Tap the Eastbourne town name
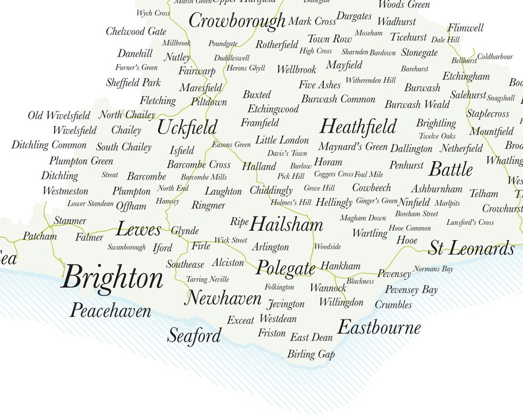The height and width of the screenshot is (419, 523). pos(379,327)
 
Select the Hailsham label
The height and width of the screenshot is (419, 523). pos(287,224)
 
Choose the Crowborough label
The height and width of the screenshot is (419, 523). pos(237,21)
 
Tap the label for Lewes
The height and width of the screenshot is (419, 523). pos(138,230)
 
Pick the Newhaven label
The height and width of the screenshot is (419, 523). pos(223,298)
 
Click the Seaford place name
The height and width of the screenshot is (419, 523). pos(194,336)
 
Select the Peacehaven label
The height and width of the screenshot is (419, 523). pos(111,311)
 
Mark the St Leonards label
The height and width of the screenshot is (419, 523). pos(471,249)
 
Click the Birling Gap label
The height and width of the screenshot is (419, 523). pos(311,354)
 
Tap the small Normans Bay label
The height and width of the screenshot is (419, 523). pos(433,269)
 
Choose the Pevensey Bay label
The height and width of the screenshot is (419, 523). pos(411,290)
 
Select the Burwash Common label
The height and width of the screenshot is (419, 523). pos(338,99)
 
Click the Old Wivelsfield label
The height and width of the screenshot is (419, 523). pos(59,116)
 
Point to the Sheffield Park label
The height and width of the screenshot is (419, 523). pos(133,83)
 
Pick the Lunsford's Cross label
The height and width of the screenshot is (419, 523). pos(470,222)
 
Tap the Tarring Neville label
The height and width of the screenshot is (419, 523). pos(207,279)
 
